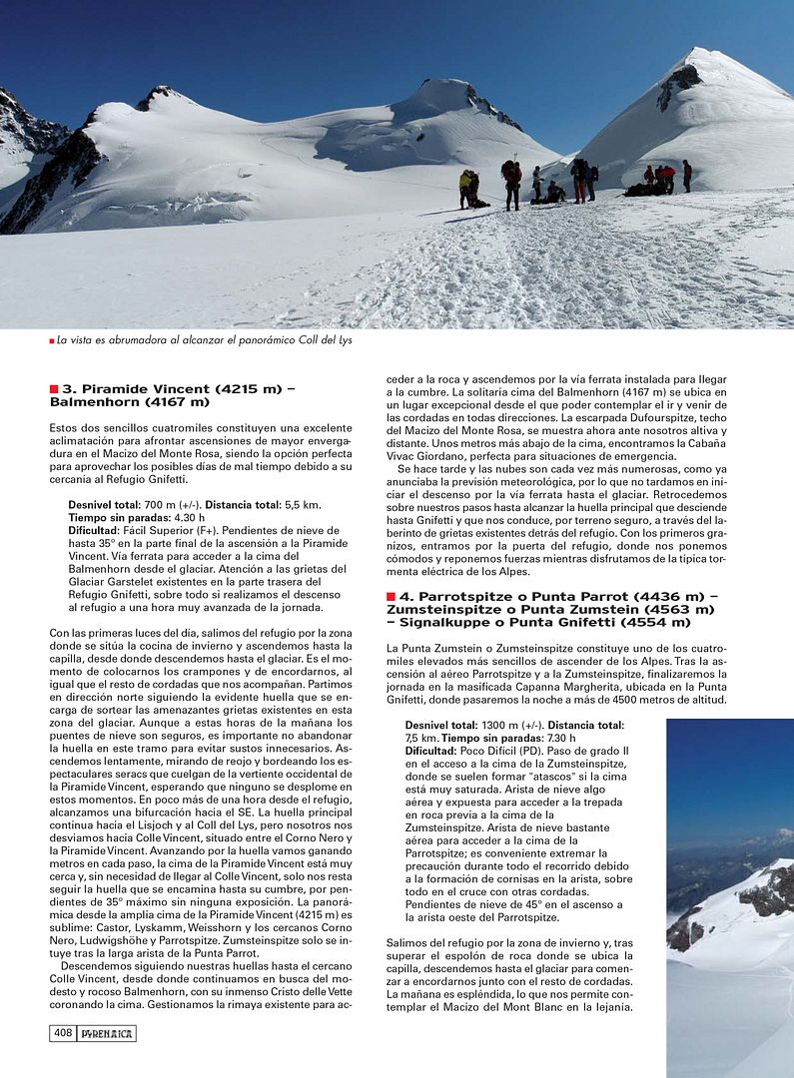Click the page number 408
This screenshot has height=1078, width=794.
click(62, 1034)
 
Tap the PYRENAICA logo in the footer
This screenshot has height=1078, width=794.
click(107, 1034)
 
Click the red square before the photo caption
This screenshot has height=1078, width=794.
click(52, 341)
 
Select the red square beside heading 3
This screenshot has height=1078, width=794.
click(54, 388)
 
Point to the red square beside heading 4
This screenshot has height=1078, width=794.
click(391, 596)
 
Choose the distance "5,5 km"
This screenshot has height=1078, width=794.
click(299, 506)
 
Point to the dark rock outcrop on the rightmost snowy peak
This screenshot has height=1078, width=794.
click(678, 85)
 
